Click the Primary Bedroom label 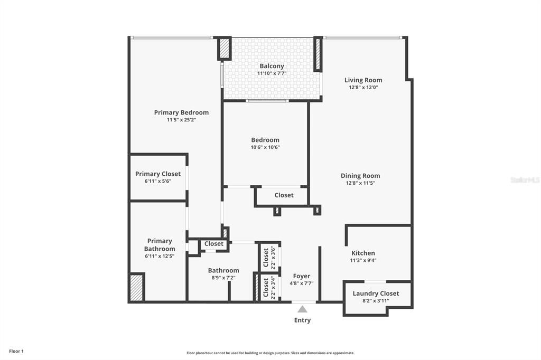click(181, 112)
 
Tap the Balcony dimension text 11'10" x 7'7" click(272, 74)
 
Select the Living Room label click(363, 80)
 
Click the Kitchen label click(363, 253)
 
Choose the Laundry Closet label click(376, 293)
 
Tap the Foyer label click(301, 276)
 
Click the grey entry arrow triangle click(302, 309)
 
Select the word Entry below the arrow click(302, 320)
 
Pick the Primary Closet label click(157, 174)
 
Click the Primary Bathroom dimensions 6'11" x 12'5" click(159, 256)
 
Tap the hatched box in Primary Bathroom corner click(137, 287)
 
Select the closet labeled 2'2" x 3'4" click(269, 287)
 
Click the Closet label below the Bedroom click(284, 195)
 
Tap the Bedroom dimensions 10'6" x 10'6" click(265, 147)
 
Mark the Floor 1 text click(16, 351)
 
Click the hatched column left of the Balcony click(225, 49)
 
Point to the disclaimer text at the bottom click(270, 353)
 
